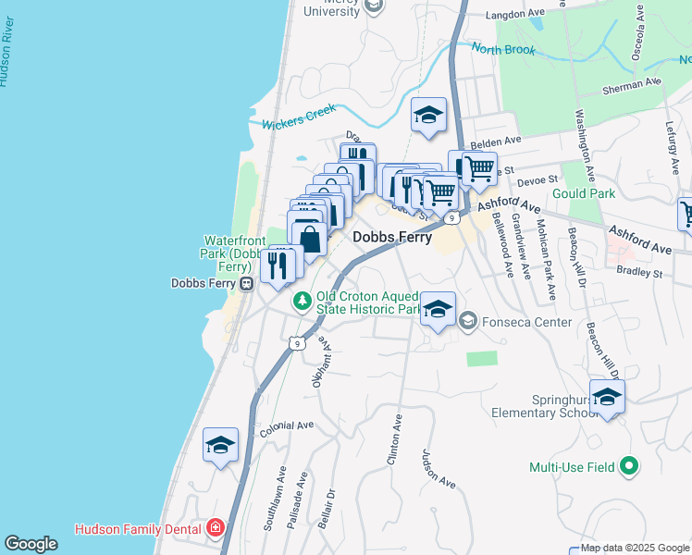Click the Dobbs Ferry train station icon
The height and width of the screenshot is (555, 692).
247,284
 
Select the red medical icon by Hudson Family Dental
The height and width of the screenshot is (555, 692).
216,528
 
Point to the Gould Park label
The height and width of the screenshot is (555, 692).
583,194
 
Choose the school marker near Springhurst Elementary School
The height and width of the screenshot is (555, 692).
607,398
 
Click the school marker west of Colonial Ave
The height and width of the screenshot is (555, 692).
221,446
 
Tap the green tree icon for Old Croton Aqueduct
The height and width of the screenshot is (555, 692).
303,300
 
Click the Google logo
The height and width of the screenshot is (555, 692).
31,544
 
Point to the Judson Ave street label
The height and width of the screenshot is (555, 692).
439,469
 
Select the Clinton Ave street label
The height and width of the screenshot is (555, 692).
394,438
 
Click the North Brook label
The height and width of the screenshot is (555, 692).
503,49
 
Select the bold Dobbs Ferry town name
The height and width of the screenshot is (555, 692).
392,237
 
